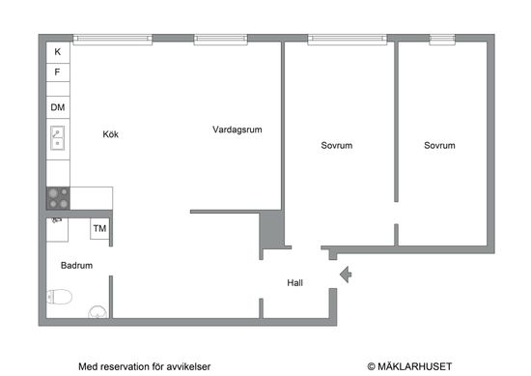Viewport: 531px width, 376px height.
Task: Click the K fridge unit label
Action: coord(57,51)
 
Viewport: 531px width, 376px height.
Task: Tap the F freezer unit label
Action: coord(57,72)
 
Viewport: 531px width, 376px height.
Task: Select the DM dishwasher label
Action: coord(58,107)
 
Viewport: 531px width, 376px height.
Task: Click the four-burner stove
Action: coord(58,198)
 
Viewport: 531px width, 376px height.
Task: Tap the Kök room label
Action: coord(111,135)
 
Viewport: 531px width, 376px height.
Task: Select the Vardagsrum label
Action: coord(238,129)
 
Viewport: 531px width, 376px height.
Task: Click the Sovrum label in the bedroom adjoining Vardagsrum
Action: coord(337,146)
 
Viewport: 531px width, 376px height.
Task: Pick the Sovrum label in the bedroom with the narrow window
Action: coord(439,146)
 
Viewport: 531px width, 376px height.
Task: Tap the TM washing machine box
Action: coord(99,228)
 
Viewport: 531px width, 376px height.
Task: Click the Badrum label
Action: coord(76,265)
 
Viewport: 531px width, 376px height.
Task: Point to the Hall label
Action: coord(295,283)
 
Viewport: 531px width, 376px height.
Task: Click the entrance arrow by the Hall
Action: coord(346,275)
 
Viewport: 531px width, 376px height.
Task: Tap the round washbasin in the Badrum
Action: coord(98,311)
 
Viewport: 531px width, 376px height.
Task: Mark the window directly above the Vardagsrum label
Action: coord(223,39)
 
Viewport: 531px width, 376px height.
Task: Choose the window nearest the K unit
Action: coord(112,39)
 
